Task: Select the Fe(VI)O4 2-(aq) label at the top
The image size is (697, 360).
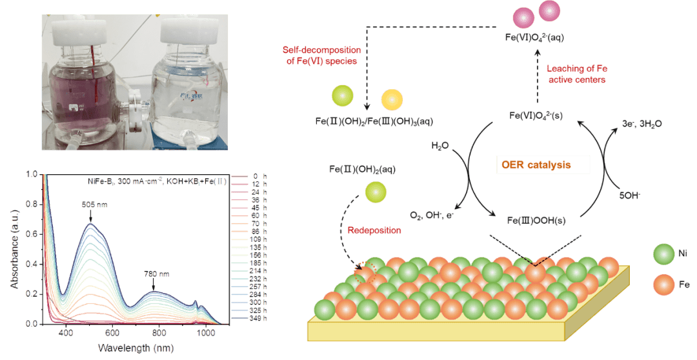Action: click(x=534, y=37)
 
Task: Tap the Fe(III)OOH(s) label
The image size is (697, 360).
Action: click(x=534, y=220)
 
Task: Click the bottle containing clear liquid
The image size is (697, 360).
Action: click(x=187, y=97)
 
